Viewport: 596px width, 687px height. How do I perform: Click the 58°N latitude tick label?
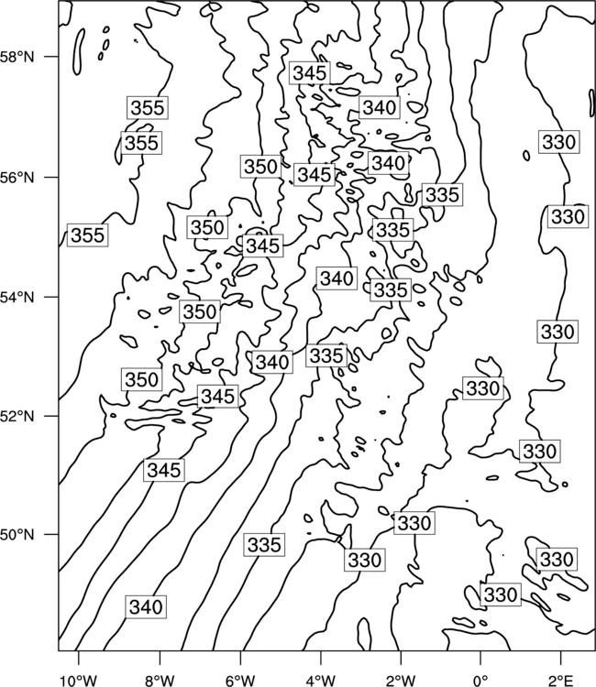pos(17,57)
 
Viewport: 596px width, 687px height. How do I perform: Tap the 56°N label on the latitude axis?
pos(17,178)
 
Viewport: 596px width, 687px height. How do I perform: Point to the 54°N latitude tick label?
pos(17,298)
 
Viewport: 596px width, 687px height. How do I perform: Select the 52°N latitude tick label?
pos(17,416)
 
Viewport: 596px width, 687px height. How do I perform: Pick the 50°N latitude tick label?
pos(17,535)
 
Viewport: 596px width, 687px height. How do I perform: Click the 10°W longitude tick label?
pos(78,681)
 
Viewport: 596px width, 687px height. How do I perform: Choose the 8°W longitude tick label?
pos(160,681)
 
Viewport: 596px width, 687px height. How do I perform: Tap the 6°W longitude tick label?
pos(240,681)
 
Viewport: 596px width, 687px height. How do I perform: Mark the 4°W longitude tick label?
pos(320,681)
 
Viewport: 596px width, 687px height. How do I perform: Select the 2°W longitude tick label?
pos(401,681)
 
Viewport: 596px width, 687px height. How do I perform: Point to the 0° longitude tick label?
pos(480,681)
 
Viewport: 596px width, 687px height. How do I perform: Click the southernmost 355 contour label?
pos(88,234)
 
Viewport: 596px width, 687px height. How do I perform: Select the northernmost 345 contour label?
pos(310,72)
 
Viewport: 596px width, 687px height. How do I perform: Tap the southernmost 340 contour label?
pos(146,606)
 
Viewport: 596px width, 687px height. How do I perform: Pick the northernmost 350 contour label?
pos(261,167)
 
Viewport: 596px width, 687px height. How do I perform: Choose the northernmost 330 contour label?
pos(558,141)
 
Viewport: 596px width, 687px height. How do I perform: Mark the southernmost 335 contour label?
pos(264,545)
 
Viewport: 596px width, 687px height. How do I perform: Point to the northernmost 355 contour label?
pos(148,107)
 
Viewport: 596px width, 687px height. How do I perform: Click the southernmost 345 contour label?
pos(164,470)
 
